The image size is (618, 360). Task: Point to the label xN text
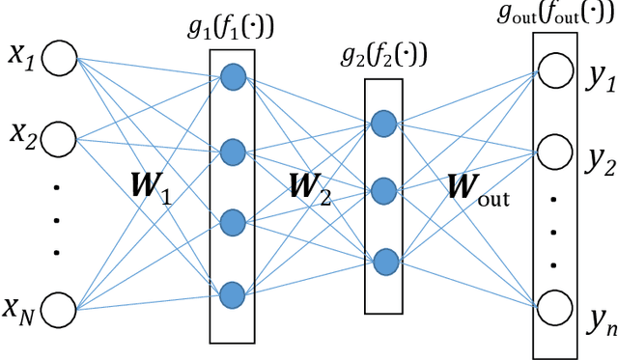click(21, 311)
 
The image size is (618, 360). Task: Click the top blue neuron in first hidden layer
click(232, 79)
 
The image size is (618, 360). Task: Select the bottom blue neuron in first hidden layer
click(232, 293)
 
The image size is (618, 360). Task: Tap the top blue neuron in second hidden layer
click(384, 123)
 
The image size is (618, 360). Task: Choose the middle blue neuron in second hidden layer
click(384, 190)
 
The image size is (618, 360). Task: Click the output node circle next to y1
click(554, 69)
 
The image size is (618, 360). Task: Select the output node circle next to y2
click(554, 151)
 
